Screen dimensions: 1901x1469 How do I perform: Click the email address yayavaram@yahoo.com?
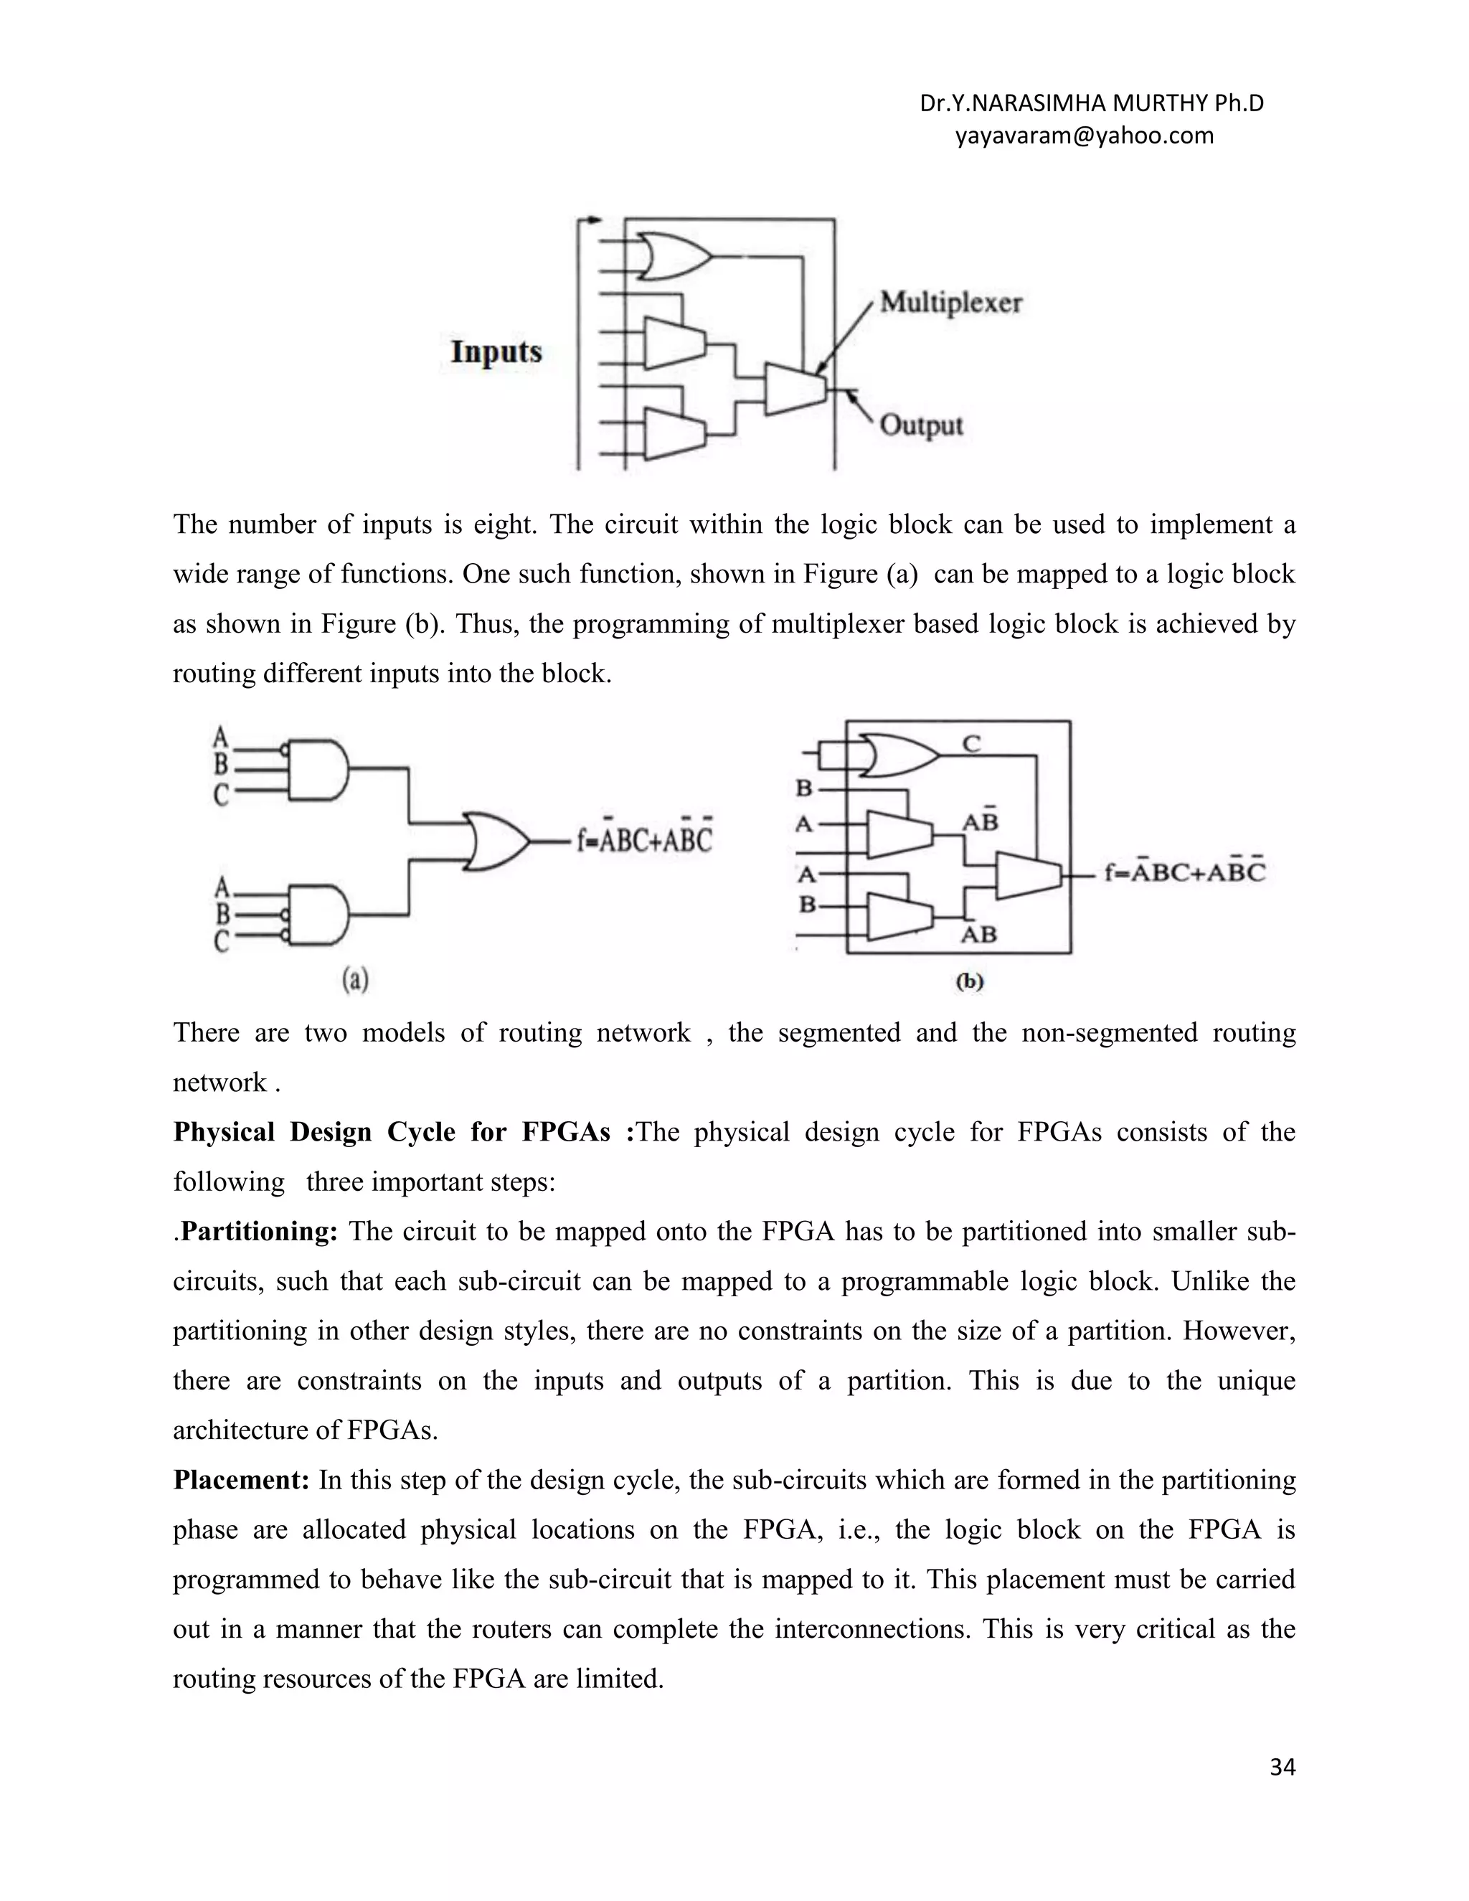[x=1084, y=136]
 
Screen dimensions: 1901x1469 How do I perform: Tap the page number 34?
[x=1282, y=1767]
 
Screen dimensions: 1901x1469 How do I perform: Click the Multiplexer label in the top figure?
[x=950, y=303]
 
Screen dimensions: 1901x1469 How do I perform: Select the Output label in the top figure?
[x=921, y=425]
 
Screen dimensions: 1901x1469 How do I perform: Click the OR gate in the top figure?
[x=673, y=257]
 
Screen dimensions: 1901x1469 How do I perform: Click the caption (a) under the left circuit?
[x=355, y=980]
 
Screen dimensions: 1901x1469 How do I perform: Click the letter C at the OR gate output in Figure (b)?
[x=971, y=743]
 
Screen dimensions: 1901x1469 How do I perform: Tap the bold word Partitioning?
[x=258, y=1232]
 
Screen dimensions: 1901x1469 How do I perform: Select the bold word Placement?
[x=241, y=1481]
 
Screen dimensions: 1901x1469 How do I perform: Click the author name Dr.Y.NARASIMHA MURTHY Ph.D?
[x=1091, y=103]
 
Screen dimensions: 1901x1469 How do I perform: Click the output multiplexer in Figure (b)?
[x=1028, y=874]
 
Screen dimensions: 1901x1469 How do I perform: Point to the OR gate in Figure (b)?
[x=897, y=755]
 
